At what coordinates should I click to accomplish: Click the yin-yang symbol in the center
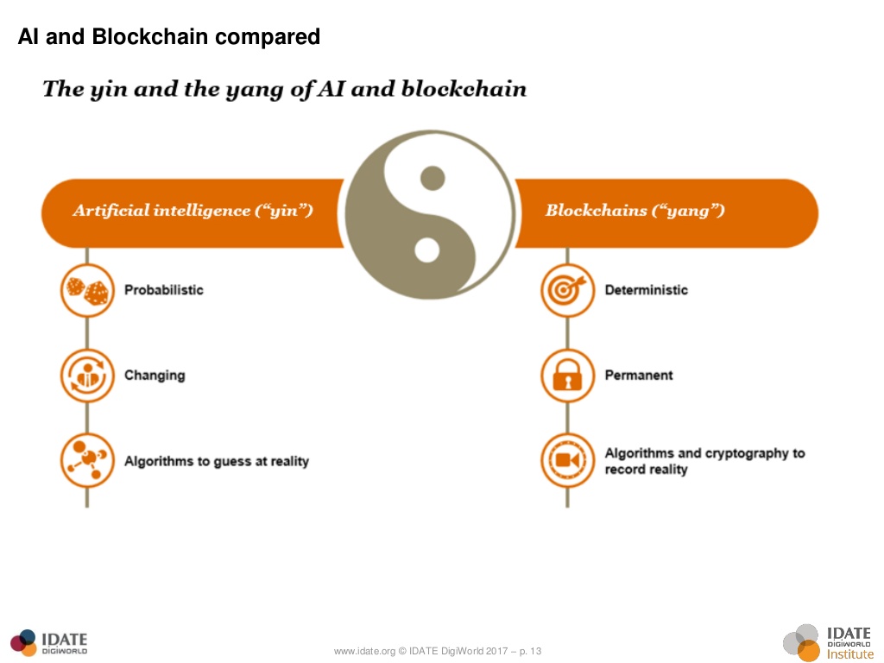(x=429, y=214)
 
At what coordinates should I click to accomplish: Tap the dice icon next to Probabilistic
(x=87, y=290)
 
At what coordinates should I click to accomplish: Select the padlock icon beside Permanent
(x=567, y=376)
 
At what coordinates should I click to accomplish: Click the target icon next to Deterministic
(x=567, y=290)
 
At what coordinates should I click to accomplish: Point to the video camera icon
(x=567, y=460)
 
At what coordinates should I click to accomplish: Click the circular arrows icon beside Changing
(x=87, y=376)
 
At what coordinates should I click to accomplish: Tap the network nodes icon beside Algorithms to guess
(x=87, y=460)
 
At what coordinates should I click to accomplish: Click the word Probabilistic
(x=164, y=290)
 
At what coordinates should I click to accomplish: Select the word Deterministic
(x=646, y=290)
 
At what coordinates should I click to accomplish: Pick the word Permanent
(x=639, y=376)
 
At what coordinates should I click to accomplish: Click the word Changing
(x=155, y=376)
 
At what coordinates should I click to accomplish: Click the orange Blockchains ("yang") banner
(x=665, y=212)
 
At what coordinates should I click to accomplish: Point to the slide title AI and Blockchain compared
(x=169, y=37)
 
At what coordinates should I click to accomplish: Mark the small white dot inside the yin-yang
(x=426, y=250)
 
